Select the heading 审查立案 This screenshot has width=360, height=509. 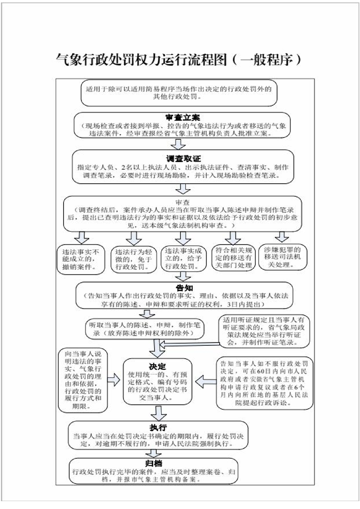click(180, 117)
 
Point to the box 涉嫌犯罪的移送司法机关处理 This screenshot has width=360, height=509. click(282, 256)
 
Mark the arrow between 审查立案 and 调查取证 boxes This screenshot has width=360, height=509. click(180, 144)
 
